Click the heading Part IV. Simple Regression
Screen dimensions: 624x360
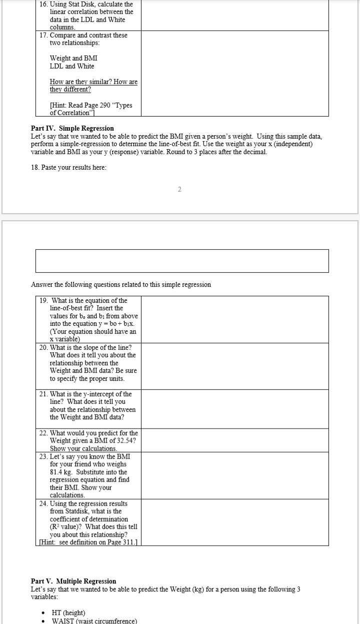coord(72,129)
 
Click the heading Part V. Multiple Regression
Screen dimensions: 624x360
coord(73,581)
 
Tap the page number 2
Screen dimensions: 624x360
coord(179,189)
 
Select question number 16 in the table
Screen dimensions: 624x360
coord(44,4)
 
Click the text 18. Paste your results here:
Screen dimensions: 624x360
coord(68,167)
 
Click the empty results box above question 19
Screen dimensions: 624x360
coord(182,261)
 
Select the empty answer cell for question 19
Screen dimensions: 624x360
coord(234,319)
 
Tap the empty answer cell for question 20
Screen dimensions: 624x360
coord(234,366)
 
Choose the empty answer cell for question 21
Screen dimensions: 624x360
coord(234,409)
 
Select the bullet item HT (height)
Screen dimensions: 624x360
coord(68,612)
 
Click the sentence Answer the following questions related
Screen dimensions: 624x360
coord(121,285)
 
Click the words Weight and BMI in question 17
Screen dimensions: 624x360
coord(73,58)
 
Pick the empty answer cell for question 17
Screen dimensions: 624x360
coord(234,74)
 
